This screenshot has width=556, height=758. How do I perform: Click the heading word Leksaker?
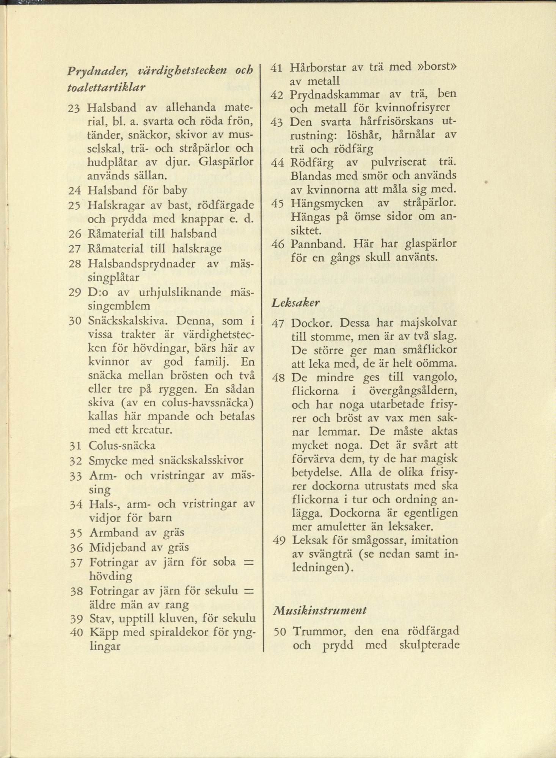(x=296, y=303)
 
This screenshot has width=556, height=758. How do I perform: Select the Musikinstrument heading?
(x=319, y=610)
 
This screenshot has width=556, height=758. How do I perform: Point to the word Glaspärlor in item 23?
(x=226, y=161)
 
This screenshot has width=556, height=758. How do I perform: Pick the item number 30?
(x=76, y=321)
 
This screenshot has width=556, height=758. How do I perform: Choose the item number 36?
(x=77, y=548)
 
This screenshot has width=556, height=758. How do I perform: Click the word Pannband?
(x=317, y=243)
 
